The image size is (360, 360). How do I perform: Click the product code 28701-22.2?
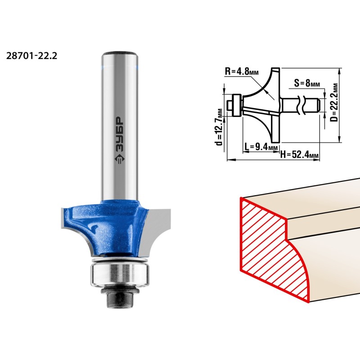point(31,56)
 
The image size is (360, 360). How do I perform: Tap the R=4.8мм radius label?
point(242,71)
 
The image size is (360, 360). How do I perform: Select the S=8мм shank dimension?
point(307,83)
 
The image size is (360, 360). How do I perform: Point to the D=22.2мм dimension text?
point(335,103)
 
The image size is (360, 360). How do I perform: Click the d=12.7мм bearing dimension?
point(220,127)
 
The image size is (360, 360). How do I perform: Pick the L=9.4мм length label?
point(261,146)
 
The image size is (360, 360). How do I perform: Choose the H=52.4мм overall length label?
point(299,154)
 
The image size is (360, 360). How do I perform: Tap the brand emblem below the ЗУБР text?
point(119,159)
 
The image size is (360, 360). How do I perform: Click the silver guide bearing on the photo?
point(120,274)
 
